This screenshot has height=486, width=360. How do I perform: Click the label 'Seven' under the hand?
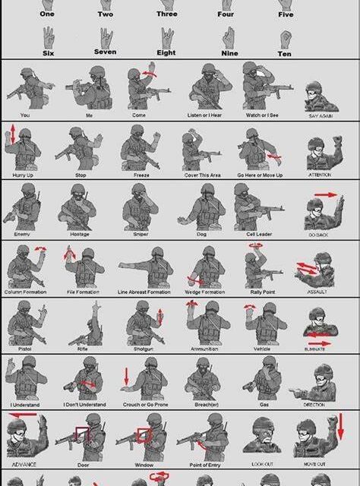pos(105,52)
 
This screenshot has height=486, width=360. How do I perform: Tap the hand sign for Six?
pos(49,36)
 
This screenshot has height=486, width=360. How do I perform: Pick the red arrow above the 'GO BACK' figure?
pos(326,195)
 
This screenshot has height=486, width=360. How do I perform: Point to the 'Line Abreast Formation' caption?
pos(144,292)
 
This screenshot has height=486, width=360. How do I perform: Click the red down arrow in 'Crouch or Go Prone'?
pos(126,375)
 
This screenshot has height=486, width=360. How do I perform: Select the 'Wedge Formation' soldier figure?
pos(204,267)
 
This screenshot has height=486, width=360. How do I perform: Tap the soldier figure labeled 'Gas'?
pos(264,377)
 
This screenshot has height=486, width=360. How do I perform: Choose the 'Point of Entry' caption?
pos(204,464)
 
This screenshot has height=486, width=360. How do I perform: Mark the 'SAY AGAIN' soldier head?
pos(317,95)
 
